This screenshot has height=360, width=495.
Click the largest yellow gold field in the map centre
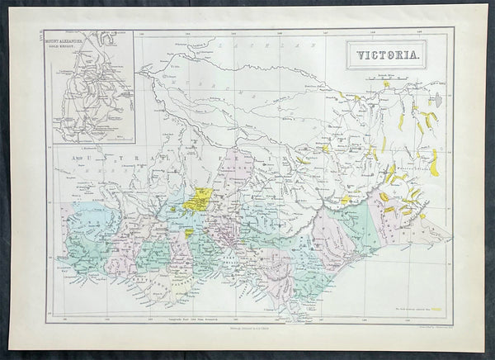tap(198, 199)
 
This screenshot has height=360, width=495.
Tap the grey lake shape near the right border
tap(438, 101)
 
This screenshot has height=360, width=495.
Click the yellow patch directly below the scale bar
tap(385, 84)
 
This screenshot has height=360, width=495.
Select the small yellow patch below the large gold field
tap(189, 233)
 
